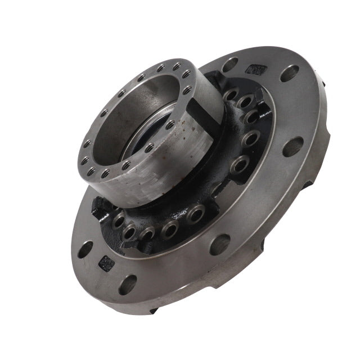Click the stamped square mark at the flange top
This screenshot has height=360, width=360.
[x=256, y=70]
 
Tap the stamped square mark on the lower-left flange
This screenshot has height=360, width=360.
[x=106, y=261]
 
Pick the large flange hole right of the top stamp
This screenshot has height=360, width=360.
[x=290, y=73]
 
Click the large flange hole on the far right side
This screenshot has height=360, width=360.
[x=293, y=147]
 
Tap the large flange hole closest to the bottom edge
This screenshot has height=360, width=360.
[x=128, y=283]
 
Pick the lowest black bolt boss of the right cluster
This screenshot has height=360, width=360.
[x=240, y=164]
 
